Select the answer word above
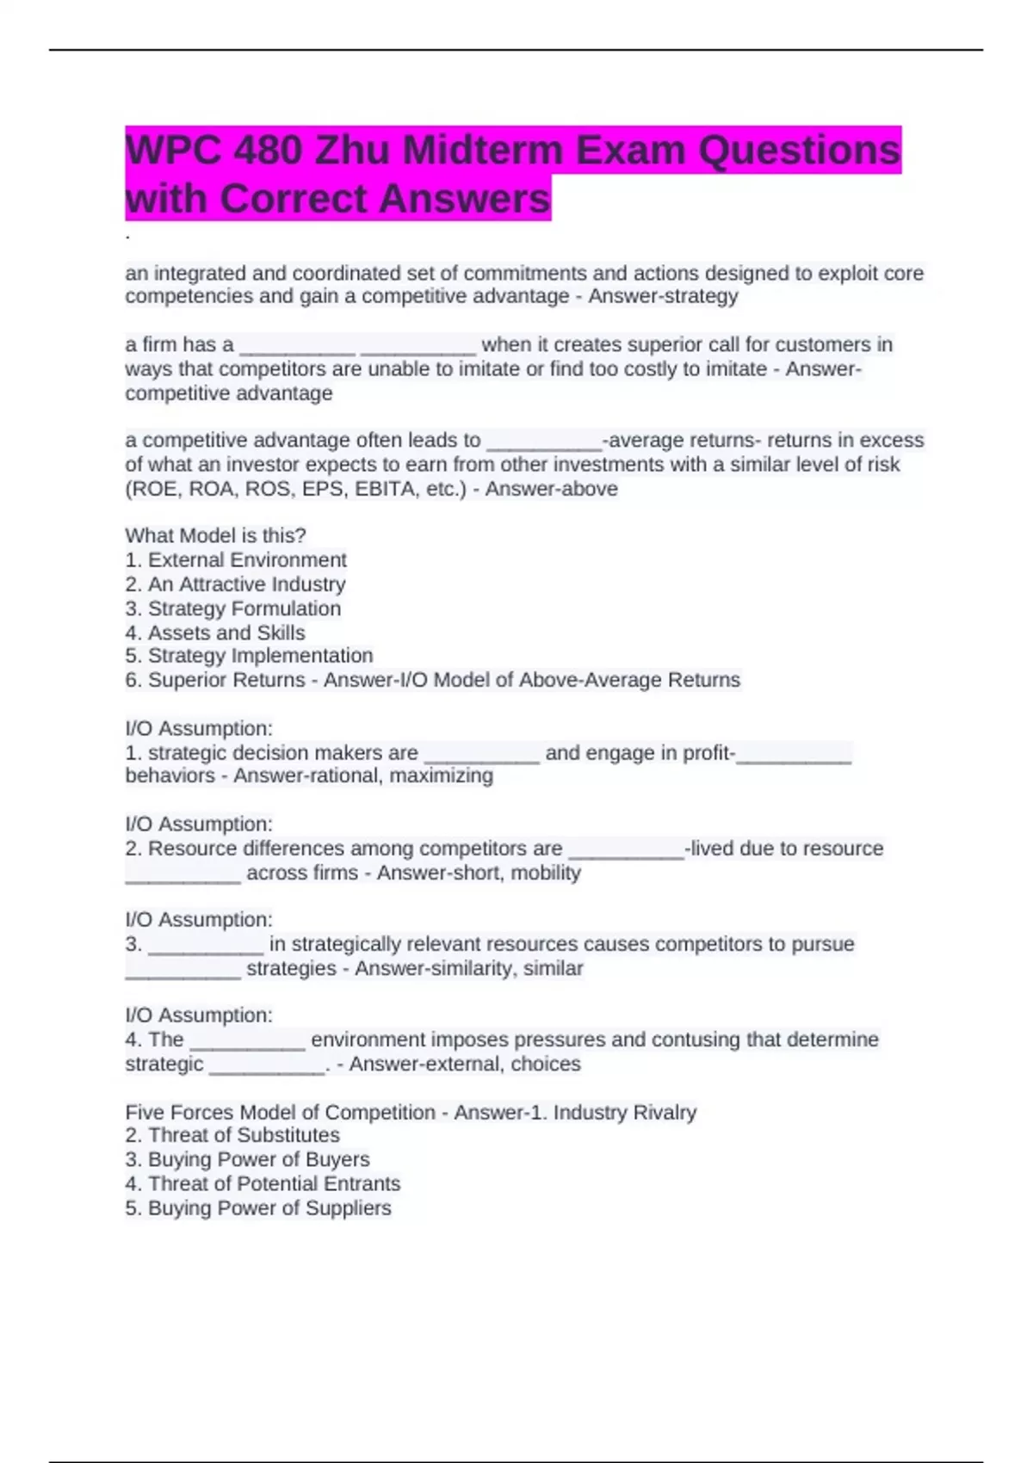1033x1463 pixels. click(x=588, y=489)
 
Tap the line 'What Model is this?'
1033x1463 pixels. click(x=215, y=535)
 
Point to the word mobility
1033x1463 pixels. click(x=546, y=873)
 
